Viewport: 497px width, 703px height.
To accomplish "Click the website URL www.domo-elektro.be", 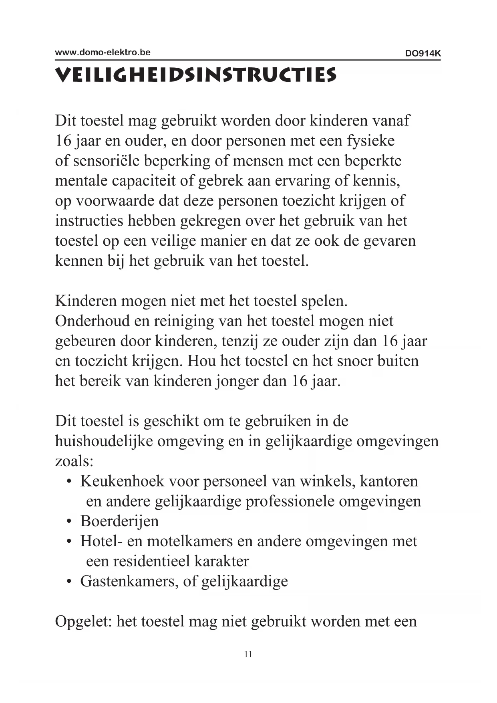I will pyautogui.click(x=103, y=53).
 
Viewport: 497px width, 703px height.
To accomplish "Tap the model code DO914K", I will pyautogui.click(x=423, y=53).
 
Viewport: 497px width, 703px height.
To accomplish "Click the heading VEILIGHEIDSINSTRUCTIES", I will pyautogui.click(x=196, y=75).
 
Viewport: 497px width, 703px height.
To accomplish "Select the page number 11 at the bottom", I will pyautogui.click(x=248, y=655).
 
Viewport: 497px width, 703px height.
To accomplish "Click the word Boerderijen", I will pyautogui.click(x=119, y=521).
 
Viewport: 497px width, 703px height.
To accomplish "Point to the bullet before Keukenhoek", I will pyautogui.click(x=69, y=481).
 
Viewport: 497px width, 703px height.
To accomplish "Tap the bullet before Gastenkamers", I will pyautogui.click(x=69, y=582).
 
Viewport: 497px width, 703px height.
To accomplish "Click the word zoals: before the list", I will pyautogui.click(x=74, y=461).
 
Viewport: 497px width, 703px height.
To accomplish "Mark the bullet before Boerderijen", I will pyautogui.click(x=69, y=521).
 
